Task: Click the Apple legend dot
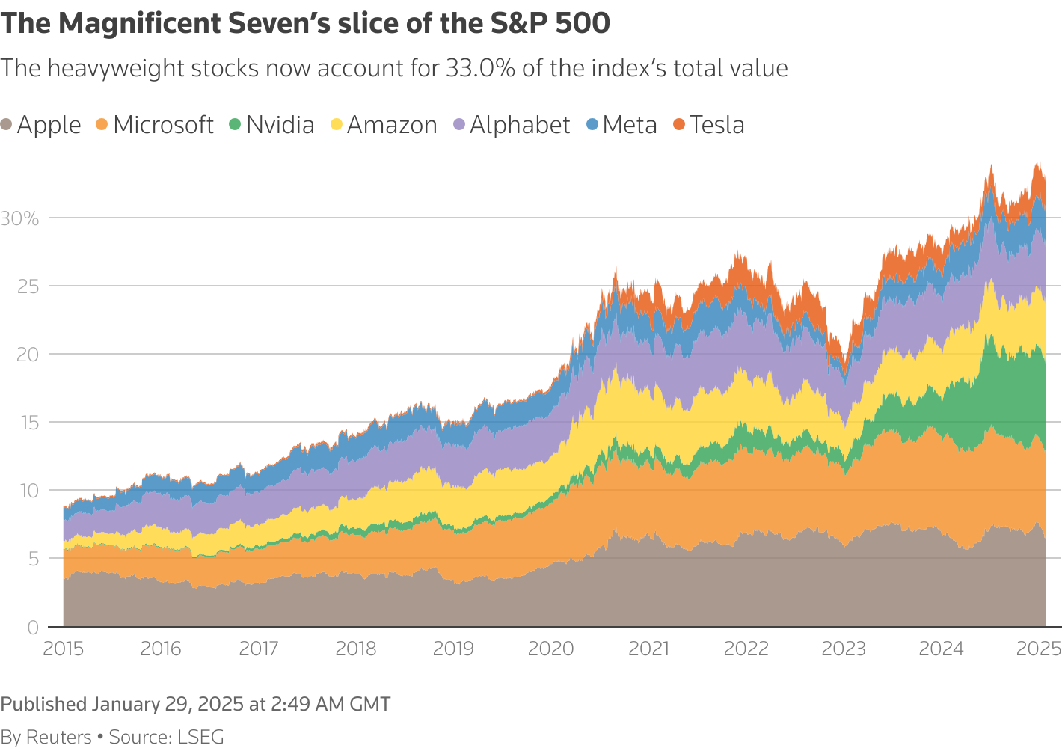coord(7,125)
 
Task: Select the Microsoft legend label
coord(163,125)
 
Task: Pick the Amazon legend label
coord(392,125)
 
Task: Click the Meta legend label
coord(630,125)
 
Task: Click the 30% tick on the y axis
coord(19,218)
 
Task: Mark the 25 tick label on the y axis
coord(27,286)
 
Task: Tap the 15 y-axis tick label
coord(27,423)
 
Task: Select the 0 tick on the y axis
coord(32,628)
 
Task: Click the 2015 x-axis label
coord(64,649)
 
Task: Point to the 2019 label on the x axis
coord(453,649)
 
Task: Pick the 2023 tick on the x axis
coord(844,649)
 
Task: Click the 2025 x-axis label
coord(1038,649)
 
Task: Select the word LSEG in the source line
coord(200,737)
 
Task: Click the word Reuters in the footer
coord(58,737)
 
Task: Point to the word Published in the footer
coord(43,704)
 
